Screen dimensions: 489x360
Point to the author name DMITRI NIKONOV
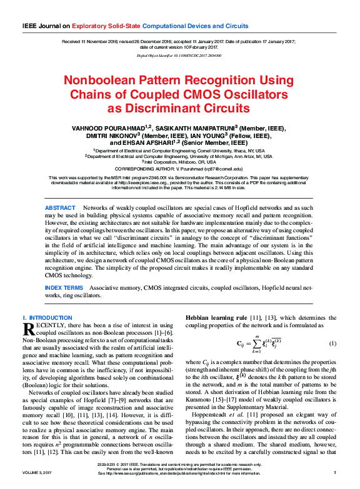coord(114,136)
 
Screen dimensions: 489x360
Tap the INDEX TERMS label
coord(64,288)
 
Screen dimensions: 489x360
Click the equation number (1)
coord(333,343)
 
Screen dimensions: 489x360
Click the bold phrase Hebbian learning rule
coord(215,318)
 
